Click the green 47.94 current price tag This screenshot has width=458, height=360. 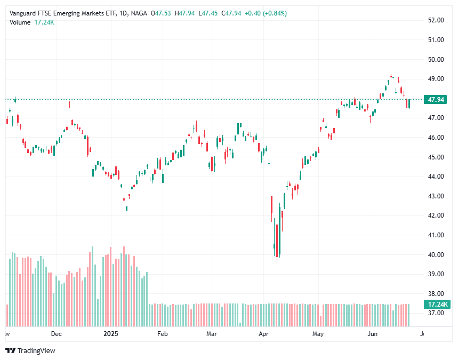coord(436,99)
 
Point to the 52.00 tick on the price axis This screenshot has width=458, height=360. coord(436,20)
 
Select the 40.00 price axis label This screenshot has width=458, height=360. coord(436,254)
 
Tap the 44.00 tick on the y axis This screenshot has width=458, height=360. coord(436,177)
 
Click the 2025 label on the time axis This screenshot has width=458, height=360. coord(110,334)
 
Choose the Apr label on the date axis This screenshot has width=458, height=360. coord(263,334)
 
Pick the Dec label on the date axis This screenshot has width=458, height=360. coord(57,334)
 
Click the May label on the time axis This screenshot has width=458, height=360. coord(318,334)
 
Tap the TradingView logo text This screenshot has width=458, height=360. coord(36,350)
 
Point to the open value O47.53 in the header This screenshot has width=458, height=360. coord(161,13)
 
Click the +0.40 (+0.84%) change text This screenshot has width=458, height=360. coord(266,13)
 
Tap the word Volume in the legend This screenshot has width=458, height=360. coord(20,22)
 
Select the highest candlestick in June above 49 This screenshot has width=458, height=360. coord(391,76)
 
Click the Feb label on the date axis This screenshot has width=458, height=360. coord(163,334)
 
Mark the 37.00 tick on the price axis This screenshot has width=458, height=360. coord(436,313)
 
